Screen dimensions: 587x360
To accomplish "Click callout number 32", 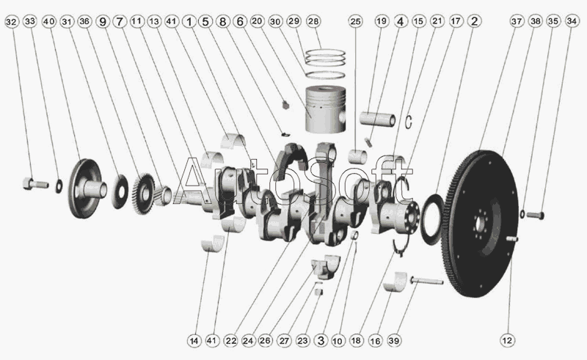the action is pyautogui.click(x=12, y=22).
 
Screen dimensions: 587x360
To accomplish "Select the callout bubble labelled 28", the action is pyautogui.click(x=313, y=21).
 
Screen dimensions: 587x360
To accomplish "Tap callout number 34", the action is pyautogui.click(x=572, y=21).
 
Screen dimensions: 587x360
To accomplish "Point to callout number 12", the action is pyautogui.click(x=507, y=340).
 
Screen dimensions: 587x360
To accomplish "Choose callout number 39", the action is pyautogui.click(x=393, y=340).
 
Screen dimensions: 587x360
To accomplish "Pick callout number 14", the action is pyautogui.click(x=194, y=341).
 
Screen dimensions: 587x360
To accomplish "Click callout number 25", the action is pyautogui.click(x=355, y=21).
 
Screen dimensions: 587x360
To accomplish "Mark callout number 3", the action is pyautogui.click(x=321, y=340).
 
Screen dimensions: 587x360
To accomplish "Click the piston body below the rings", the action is pyautogui.click(x=325, y=110).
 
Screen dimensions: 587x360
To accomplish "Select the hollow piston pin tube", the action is pyautogui.click(x=377, y=119).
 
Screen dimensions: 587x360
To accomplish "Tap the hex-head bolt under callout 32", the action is pyautogui.click(x=35, y=184).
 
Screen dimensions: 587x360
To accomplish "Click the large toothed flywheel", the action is pyautogui.click(x=481, y=224).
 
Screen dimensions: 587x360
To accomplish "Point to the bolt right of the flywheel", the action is pyautogui.click(x=536, y=216).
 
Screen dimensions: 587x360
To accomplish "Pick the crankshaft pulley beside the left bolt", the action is pyautogui.click(x=87, y=188).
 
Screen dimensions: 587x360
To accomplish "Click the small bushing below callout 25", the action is pyautogui.click(x=357, y=156).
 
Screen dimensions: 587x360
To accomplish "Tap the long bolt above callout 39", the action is pyautogui.click(x=427, y=280).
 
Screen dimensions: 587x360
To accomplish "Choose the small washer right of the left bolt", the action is pyautogui.click(x=59, y=186).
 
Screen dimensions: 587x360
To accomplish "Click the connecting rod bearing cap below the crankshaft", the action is pyautogui.click(x=325, y=267).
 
